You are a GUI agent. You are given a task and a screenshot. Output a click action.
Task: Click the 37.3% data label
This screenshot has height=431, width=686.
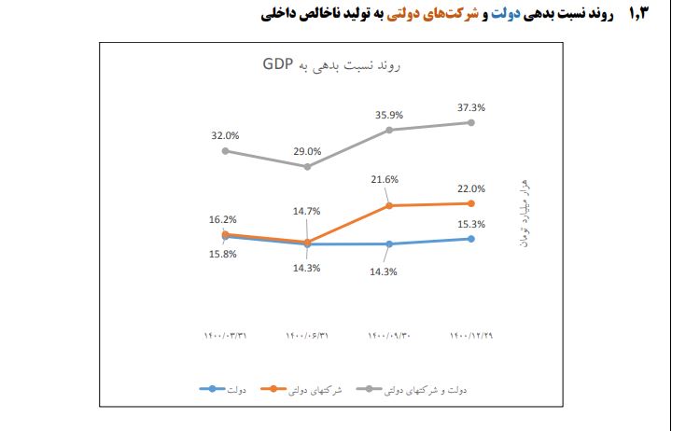click(471, 107)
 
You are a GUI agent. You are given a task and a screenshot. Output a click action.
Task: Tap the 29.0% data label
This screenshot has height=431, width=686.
click(307, 151)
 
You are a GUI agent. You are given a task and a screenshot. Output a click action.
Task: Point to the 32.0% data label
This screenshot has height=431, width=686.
click(226, 135)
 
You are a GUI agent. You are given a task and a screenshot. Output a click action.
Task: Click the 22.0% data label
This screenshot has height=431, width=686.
click(471, 188)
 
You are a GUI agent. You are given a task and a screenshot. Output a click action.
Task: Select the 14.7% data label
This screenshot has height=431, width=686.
click(307, 212)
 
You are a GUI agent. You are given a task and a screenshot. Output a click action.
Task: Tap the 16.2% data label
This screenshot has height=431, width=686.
click(223, 219)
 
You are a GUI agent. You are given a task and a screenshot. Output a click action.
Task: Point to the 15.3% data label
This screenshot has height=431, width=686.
click(471, 224)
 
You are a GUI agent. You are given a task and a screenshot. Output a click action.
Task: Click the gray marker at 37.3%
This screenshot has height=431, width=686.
click(471, 122)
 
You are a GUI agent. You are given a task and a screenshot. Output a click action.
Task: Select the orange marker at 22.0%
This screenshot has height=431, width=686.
click(471, 203)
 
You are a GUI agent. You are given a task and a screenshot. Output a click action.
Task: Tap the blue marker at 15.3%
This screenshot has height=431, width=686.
click(471, 239)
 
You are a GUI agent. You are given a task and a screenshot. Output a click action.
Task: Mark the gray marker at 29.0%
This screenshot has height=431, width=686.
click(307, 166)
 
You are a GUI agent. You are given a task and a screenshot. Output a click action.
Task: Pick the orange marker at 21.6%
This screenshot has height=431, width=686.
click(388, 205)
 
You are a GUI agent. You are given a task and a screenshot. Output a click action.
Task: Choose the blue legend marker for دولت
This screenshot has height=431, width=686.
click(213, 388)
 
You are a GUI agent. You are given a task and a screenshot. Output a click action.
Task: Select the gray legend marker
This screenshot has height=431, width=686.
click(360, 388)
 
